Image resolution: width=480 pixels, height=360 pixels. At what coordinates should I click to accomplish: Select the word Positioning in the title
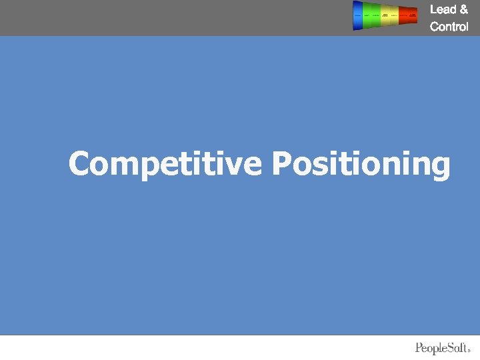point(361,164)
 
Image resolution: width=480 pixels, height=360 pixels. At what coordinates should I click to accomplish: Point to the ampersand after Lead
point(464,9)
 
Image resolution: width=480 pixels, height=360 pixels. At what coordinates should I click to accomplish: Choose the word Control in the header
point(449,27)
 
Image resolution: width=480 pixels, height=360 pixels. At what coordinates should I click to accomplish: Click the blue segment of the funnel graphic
point(358,15)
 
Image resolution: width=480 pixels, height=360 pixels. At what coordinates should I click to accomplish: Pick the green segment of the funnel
point(371,15)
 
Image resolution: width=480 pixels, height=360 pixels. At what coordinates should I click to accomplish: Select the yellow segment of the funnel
point(389,15)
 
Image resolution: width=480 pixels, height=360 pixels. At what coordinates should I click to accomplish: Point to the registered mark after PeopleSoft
point(470,350)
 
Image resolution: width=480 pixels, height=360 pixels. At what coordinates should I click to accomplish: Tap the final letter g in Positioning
point(441,167)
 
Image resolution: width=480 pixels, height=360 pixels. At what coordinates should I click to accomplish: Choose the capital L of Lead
point(433,9)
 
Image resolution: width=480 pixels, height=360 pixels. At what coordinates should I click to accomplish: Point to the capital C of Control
point(435,27)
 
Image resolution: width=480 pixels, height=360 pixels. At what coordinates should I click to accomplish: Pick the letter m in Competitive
point(124,166)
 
